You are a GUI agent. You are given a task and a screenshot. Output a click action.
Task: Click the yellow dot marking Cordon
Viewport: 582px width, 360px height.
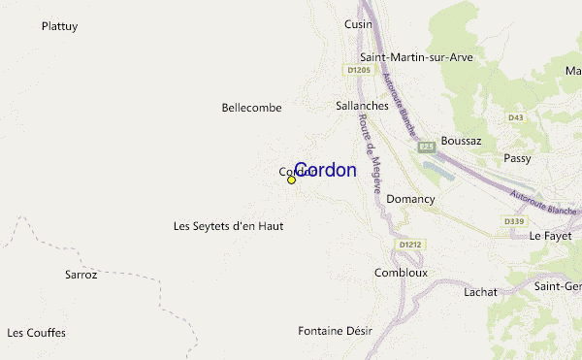[291, 180]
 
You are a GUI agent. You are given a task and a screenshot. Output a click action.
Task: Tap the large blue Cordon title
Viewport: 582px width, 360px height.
[325, 170]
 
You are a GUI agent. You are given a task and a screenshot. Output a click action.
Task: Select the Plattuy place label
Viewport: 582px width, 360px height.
[59, 26]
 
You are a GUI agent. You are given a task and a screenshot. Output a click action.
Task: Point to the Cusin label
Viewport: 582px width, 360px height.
[358, 24]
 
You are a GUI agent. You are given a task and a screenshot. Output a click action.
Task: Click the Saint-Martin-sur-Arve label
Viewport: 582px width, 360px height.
[416, 57]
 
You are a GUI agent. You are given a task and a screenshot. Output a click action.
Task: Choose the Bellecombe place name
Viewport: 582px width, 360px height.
[251, 108]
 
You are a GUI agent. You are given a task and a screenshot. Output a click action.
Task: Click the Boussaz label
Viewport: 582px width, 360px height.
[461, 141]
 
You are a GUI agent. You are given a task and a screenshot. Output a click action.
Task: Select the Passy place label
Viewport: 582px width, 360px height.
[517, 158]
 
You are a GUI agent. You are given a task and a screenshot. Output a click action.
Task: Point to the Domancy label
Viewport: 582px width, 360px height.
[410, 199]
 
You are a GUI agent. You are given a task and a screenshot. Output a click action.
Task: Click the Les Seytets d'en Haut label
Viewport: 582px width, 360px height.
[228, 226]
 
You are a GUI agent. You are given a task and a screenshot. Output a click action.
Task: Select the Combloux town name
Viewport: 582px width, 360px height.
[401, 273]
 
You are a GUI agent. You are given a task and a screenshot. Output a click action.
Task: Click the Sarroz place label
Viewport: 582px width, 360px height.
[81, 275]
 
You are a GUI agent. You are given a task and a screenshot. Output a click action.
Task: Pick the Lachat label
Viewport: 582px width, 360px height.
[480, 291]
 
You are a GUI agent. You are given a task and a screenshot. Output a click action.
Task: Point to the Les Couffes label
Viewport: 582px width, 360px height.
[36, 333]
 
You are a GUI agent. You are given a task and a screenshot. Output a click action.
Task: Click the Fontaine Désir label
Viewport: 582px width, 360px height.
[335, 330]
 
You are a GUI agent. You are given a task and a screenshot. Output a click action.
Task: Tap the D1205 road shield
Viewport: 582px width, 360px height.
[358, 70]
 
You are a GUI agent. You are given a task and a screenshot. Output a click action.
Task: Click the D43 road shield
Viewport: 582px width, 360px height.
[515, 117]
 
